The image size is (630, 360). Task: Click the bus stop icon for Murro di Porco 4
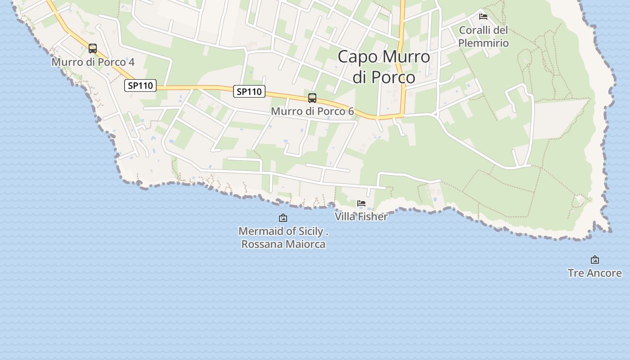pyautogui.click(x=93, y=49)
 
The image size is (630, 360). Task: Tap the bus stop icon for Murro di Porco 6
pyautogui.click(x=312, y=98)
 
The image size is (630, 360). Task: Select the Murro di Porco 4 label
pyautogui.click(x=93, y=62)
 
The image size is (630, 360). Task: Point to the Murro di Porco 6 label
pyautogui.click(x=312, y=111)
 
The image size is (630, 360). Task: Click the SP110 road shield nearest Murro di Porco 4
pyautogui.click(x=140, y=85)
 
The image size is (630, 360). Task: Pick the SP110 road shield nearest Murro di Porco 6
pyautogui.click(x=249, y=91)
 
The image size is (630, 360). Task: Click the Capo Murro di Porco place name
pyautogui.click(x=384, y=67)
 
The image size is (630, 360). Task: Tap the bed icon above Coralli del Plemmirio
pyautogui.click(x=483, y=17)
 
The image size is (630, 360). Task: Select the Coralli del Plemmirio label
pyautogui.click(x=483, y=37)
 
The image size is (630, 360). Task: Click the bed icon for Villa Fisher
pyautogui.click(x=361, y=203)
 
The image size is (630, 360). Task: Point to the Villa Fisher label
pyautogui.click(x=361, y=216)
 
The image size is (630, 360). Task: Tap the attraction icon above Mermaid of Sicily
pyautogui.click(x=283, y=218)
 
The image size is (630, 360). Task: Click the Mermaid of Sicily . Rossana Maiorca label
pyautogui.click(x=283, y=238)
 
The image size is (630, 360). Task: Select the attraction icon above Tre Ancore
pyautogui.click(x=595, y=260)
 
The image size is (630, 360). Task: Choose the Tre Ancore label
pyautogui.click(x=595, y=273)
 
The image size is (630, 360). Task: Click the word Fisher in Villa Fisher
pyautogui.click(x=372, y=216)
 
